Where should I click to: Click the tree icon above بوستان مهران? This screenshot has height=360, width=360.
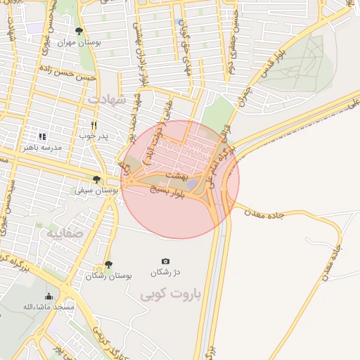[x=79, y=31]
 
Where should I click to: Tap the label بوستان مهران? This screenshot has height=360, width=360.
[x=79, y=42]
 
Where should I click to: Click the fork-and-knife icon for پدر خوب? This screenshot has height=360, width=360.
[x=93, y=124]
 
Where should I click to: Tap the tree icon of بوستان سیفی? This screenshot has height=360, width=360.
[x=96, y=179]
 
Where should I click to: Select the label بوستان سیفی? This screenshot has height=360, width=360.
[x=96, y=191]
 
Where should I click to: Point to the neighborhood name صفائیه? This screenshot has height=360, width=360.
[x=65, y=233]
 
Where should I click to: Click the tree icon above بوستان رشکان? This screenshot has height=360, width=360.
[x=108, y=264]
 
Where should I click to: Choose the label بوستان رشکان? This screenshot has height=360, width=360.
[x=108, y=276]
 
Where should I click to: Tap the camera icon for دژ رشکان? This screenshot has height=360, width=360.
[x=165, y=261]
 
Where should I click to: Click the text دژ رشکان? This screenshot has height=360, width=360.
[x=165, y=272]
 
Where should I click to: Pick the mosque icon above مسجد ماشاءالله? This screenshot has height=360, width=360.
[x=49, y=296]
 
